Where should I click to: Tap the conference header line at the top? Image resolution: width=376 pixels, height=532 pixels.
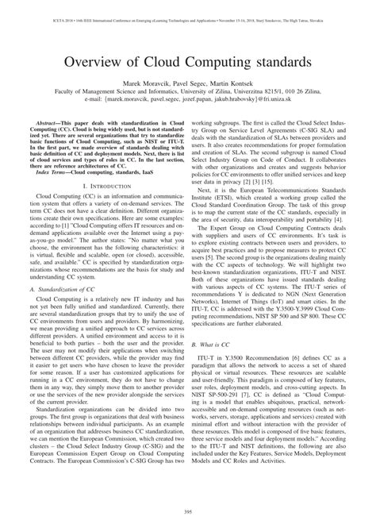point(188,7)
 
